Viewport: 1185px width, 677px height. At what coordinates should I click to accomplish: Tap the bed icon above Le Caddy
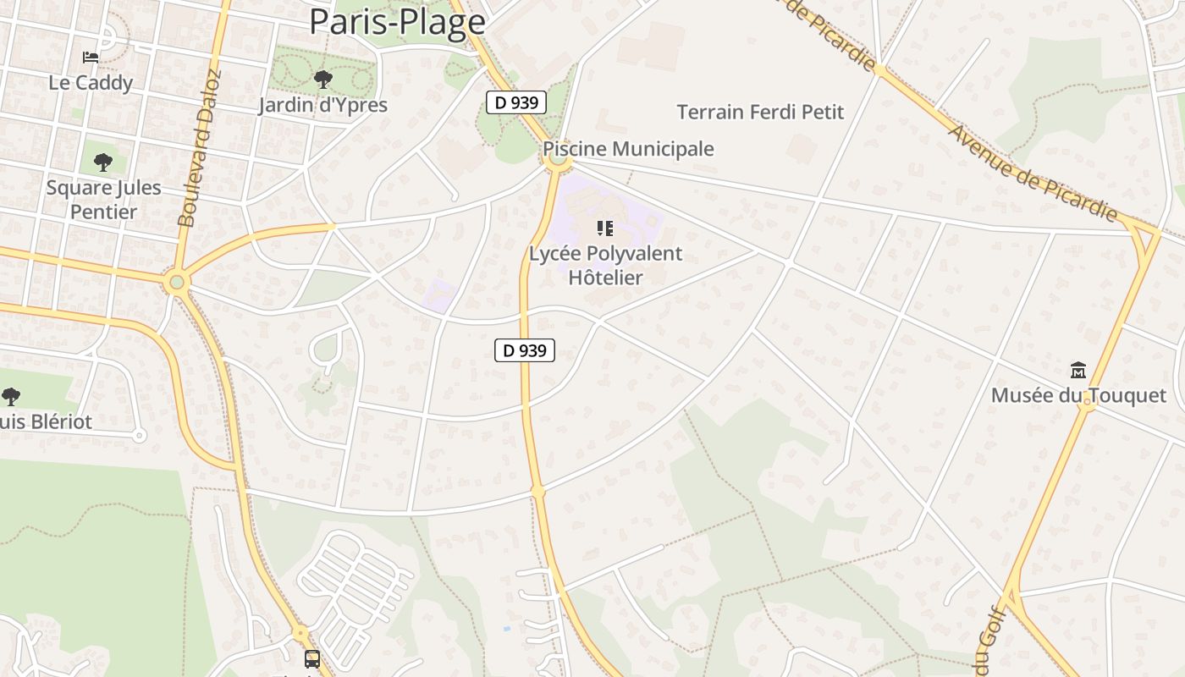click(x=91, y=58)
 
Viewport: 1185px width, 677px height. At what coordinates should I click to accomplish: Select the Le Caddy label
click(x=91, y=83)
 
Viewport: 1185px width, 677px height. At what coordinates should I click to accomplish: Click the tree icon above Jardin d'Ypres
click(x=322, y=80)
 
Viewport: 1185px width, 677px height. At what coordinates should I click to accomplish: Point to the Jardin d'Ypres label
click(x=322, y=105)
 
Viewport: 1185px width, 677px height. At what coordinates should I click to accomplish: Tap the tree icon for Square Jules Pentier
click(x=103, y=162)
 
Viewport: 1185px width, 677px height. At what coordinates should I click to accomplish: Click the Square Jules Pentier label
click(x=103, y=199)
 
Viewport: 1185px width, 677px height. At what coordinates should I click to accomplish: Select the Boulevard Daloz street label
click(x=200, y=148)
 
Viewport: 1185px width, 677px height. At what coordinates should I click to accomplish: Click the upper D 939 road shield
click(x=516, y=102)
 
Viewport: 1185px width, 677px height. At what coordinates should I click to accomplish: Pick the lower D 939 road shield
click(x=525, y=350)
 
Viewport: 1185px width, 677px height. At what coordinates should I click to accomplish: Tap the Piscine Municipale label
click(x=628, y=149)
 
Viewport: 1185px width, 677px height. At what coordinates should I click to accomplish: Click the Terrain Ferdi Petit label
click(x=760, y=112)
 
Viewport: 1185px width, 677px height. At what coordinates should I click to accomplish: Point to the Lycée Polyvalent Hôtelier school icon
click(x=604, y=228)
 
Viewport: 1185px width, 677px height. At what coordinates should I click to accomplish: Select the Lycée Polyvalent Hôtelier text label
click(x=605, y=265)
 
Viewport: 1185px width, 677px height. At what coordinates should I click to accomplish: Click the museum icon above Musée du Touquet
click(x=1078, y=370)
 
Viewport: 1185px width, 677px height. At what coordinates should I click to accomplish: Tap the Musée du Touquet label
click(x=1078, y=395)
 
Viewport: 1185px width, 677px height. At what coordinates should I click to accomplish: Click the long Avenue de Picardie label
click(x=1033, y=173)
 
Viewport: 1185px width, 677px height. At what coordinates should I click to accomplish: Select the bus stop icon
click(x=312, y=658)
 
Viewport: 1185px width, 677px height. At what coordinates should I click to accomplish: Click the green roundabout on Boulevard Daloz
click(x=176, y=282)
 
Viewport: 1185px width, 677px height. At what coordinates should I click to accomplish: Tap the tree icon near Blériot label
click(x=11, y=395)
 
